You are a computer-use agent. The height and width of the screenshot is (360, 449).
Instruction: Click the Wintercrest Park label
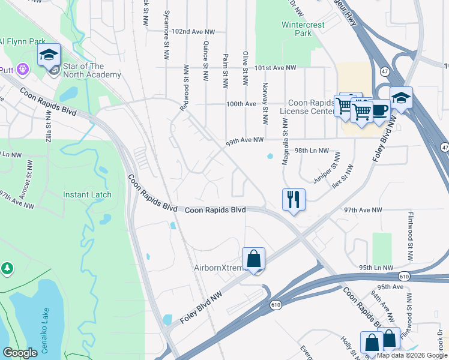pyautogui.click(x=297, y=29)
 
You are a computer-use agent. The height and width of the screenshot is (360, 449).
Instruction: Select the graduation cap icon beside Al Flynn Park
pyautogui.click(x=49, y=55)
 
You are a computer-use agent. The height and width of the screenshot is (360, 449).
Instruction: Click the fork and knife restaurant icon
pyautogui.click(x=294, y=199)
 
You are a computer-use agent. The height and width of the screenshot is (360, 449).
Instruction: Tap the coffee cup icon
pyautogui.click(x=379, y=110)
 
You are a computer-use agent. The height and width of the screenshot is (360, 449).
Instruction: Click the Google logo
pyautogui.click(x=20, y=353)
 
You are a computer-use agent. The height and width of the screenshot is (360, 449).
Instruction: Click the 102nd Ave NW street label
pyautogui.click(x=193, y=30)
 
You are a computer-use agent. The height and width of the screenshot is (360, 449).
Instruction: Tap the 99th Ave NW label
pyautogui.click(x=245, y=140)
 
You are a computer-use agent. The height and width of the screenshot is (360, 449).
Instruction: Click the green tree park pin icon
pyautogui.click(x=7, y=267)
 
